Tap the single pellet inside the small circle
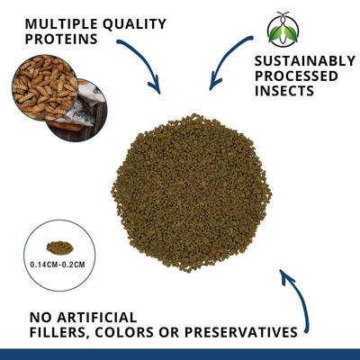(x=58, y=247)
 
